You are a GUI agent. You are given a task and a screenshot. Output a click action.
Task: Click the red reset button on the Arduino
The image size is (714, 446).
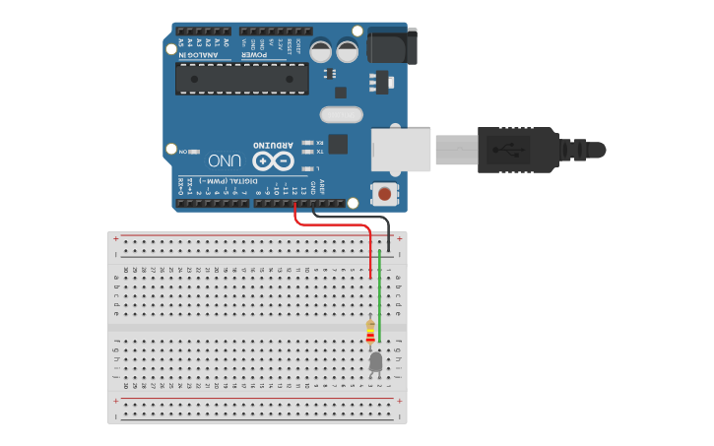[x=384, y=193]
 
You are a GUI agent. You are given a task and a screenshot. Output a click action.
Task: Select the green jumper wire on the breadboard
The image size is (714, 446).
[x=379, y=295]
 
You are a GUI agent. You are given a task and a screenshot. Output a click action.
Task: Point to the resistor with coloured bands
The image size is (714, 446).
[x=370, y=335]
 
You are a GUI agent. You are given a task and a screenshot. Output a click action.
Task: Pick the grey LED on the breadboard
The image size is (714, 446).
[x=375, y=363]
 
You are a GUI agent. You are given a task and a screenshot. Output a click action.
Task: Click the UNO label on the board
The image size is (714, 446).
[x=225, y=159]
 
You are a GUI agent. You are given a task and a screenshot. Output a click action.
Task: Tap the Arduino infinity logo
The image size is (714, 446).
[x=273, y=160]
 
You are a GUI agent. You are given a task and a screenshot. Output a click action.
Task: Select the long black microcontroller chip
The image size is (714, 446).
[x=241, y=79]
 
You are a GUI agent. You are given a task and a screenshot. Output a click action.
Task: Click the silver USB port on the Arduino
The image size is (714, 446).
[x=401, y=149]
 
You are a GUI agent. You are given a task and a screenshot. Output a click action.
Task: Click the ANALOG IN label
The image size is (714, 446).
[x=196, y=56]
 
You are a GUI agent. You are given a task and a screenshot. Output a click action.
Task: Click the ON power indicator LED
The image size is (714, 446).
[x=193, y=153]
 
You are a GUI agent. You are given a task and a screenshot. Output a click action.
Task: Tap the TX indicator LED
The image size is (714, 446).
[x=308, y=152]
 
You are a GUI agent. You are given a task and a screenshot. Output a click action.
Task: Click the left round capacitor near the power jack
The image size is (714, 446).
[x=321, y=50]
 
